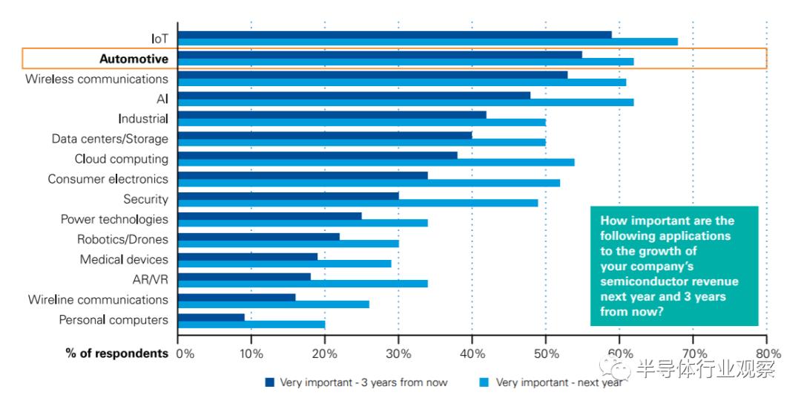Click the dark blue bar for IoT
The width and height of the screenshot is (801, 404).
click(x=395, y=34)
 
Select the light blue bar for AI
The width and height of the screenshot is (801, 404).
click(x=406, y=102)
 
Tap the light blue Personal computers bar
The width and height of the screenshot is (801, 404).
click(x=251, y=324)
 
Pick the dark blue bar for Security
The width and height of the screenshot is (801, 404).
click(x=289, y=195)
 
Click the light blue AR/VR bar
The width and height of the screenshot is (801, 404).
click(x=303, y=283)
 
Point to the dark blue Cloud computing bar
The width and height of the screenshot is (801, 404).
click(x=317, y=155)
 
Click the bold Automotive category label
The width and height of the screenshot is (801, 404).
click(x=133, y=59)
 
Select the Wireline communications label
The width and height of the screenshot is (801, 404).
click(x=98, y=300)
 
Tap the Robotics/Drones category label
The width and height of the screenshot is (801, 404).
click(x=122, y=240)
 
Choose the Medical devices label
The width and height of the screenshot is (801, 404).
click(x=124, y=260)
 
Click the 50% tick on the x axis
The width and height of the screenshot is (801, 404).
click(x=546, y=353)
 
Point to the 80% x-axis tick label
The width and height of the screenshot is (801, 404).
click(x=768, y=353)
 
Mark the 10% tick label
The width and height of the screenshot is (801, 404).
click(x=251, y=353)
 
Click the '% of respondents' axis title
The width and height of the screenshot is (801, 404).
click(x=117, y=353)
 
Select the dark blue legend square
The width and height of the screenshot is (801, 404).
click(x=270, y=382)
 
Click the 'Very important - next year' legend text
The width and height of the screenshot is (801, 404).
click(x=559, y=382)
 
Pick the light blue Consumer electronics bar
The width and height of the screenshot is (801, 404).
click(x=369, y=183)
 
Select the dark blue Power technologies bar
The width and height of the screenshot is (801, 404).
click(x=270, y=215)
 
